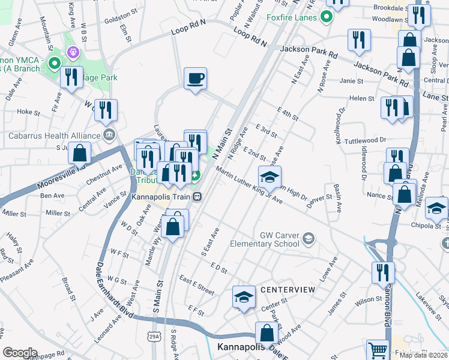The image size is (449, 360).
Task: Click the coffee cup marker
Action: (x=195, y=79)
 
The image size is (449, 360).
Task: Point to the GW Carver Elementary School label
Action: (x=279, y=239)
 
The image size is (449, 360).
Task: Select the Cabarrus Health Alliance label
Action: (x=53, y=135)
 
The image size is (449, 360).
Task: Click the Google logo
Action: (x=20, y=353)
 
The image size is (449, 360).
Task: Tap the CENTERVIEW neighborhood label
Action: (x=288, y=290)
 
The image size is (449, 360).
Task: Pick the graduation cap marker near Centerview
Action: (x=244, y=296)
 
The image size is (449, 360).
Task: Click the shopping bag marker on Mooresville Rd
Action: (x=79, y=154)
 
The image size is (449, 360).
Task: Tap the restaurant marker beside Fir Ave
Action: (x=71, y=78)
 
